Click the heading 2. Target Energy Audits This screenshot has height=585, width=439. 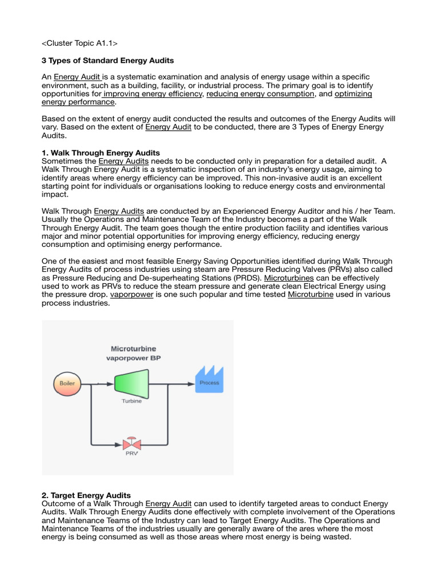(x=86, y=495)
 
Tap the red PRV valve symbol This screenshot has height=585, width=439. (x=131, y=443)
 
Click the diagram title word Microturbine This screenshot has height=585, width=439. (x=133, y=348)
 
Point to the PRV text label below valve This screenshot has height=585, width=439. (x=131, y=455)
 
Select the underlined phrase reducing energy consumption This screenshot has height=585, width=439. (x=260, y=93)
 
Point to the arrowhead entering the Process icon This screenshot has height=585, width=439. (x=191, y=383)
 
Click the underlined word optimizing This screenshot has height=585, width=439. (x=353, y=93)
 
